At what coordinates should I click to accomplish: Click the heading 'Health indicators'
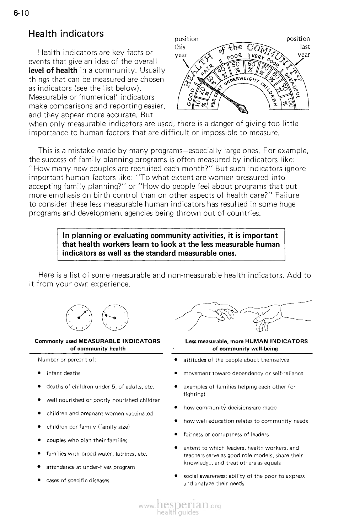[66, 34]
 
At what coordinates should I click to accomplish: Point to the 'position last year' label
[298, 47]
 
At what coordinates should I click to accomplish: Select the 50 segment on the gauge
[236, 65]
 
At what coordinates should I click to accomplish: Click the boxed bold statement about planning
[171, 245]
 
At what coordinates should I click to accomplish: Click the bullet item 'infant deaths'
[63, 373]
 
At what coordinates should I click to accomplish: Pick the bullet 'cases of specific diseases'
[78, 481]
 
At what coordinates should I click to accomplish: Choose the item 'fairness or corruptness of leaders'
[226, 434]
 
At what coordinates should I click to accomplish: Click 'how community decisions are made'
[230, 408]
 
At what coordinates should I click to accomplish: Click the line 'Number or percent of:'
[67, 360]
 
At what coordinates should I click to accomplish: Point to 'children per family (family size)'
[88, 427]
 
